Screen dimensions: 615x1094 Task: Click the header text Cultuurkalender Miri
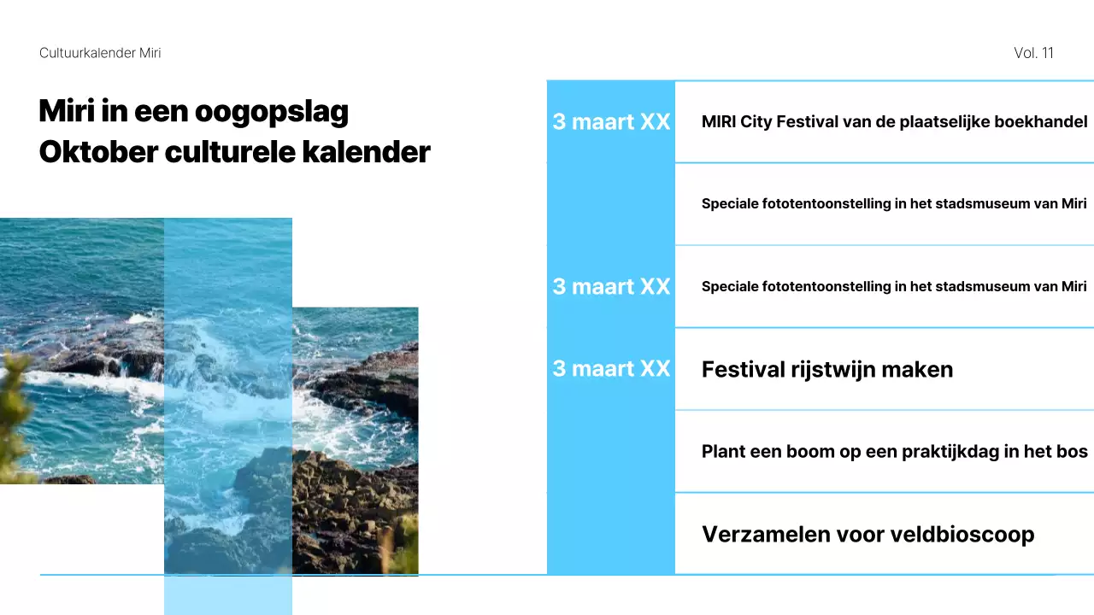100,53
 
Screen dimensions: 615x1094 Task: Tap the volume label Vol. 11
1033,53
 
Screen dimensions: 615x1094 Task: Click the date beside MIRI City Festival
611,121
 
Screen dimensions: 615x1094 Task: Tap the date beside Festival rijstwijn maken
611,368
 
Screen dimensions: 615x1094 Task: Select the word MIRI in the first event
719,121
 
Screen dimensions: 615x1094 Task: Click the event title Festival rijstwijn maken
826,369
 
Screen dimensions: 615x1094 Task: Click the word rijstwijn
835,369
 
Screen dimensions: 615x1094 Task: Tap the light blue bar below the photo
227,595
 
